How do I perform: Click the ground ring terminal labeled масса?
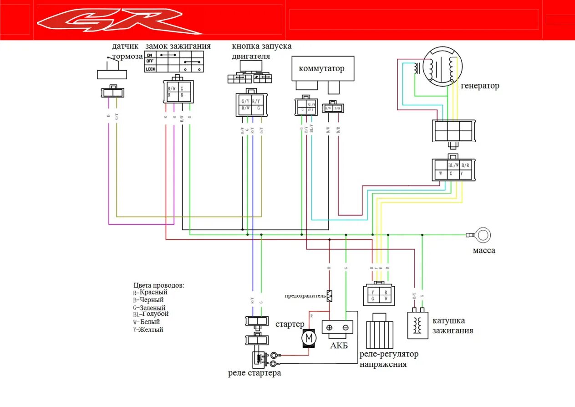point(483,236)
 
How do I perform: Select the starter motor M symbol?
point(309,338)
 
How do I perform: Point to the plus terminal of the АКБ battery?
point(330,328)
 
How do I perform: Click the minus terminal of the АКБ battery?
point(346,328)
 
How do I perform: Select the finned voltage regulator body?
point(380,331)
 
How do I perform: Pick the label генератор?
point(480,86)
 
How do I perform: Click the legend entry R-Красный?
point(150,292)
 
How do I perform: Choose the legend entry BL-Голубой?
point(151,314)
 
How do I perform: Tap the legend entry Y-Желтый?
point(148,330)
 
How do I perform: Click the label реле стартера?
point(254,373)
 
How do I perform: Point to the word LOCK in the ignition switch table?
point(150,69)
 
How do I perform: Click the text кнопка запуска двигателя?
point(261,51)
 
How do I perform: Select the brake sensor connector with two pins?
point(112,93)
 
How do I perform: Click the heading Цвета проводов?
point(159,285)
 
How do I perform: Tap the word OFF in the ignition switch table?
point(150,61)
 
